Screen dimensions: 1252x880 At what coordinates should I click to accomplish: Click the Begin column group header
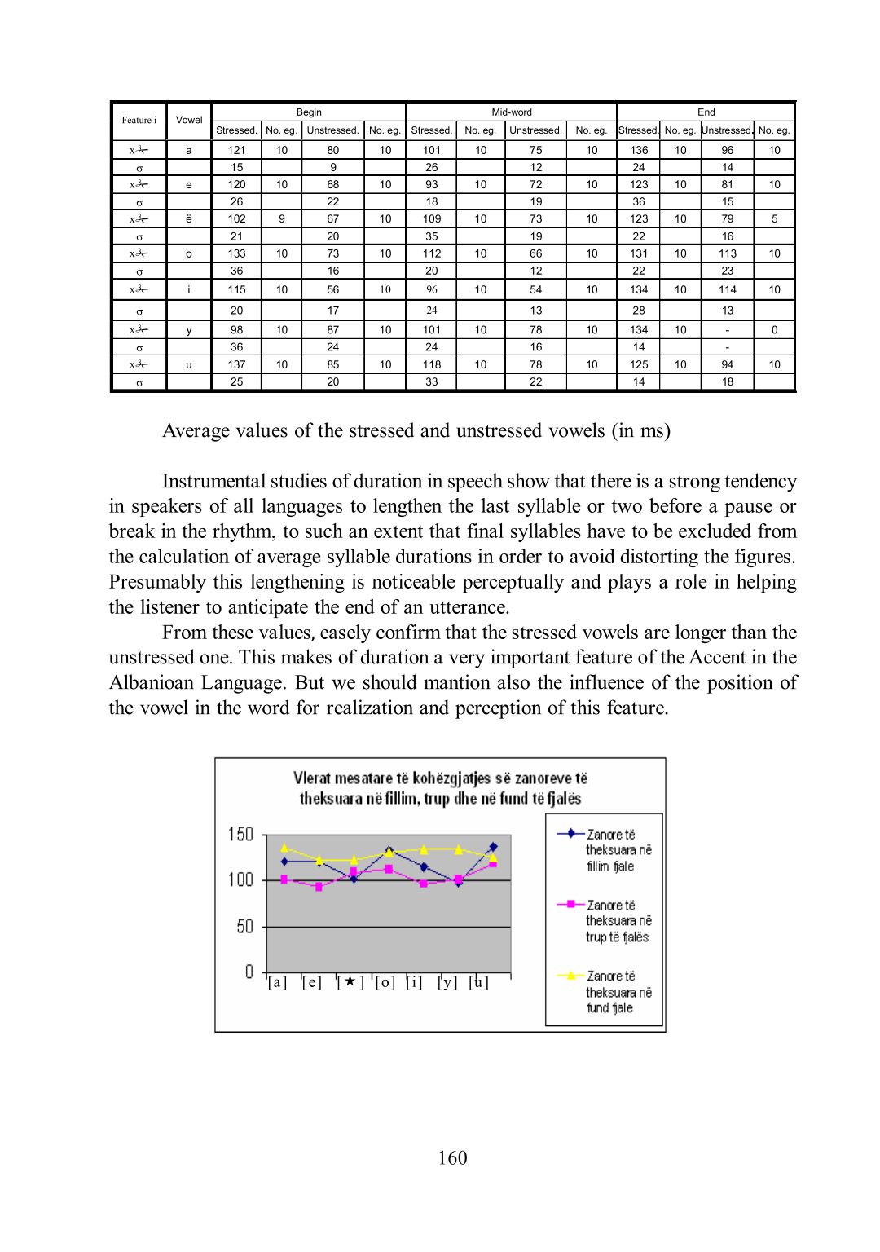[309, 112]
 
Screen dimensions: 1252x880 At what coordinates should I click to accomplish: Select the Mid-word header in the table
[512, 112]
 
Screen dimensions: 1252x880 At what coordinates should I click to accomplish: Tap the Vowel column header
[189, 121]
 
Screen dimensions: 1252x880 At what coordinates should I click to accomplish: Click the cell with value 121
[236, 150]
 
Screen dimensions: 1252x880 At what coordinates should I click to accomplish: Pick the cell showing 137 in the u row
[236, 365]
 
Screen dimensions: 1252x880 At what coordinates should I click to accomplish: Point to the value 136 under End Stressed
[639, 150]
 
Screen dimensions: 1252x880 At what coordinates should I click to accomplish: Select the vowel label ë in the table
[189, 219]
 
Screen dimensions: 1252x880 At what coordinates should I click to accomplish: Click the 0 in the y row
[774, 330]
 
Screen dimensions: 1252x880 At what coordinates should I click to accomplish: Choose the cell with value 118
[431, 365]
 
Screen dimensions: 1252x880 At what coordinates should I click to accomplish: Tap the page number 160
[452, 1158]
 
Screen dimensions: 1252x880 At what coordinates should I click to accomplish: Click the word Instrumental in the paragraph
[214, 482]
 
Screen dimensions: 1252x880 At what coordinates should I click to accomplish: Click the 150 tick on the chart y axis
[240, 835]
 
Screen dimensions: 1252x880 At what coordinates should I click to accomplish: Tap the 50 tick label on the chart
[244, 927]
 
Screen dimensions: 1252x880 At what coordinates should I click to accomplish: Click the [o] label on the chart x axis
[385, 983]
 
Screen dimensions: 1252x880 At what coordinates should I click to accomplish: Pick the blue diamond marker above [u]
[493, 847]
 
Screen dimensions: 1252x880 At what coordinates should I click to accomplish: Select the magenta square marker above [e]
[319, 887]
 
